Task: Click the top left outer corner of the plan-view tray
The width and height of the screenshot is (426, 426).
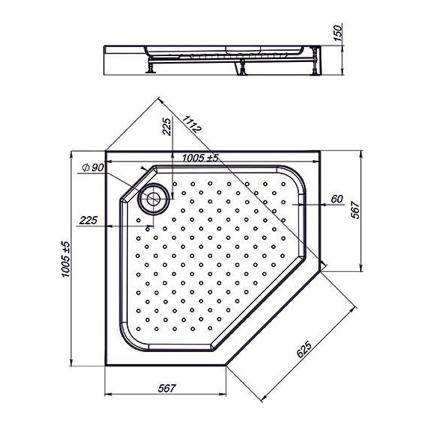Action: [106, 150]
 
